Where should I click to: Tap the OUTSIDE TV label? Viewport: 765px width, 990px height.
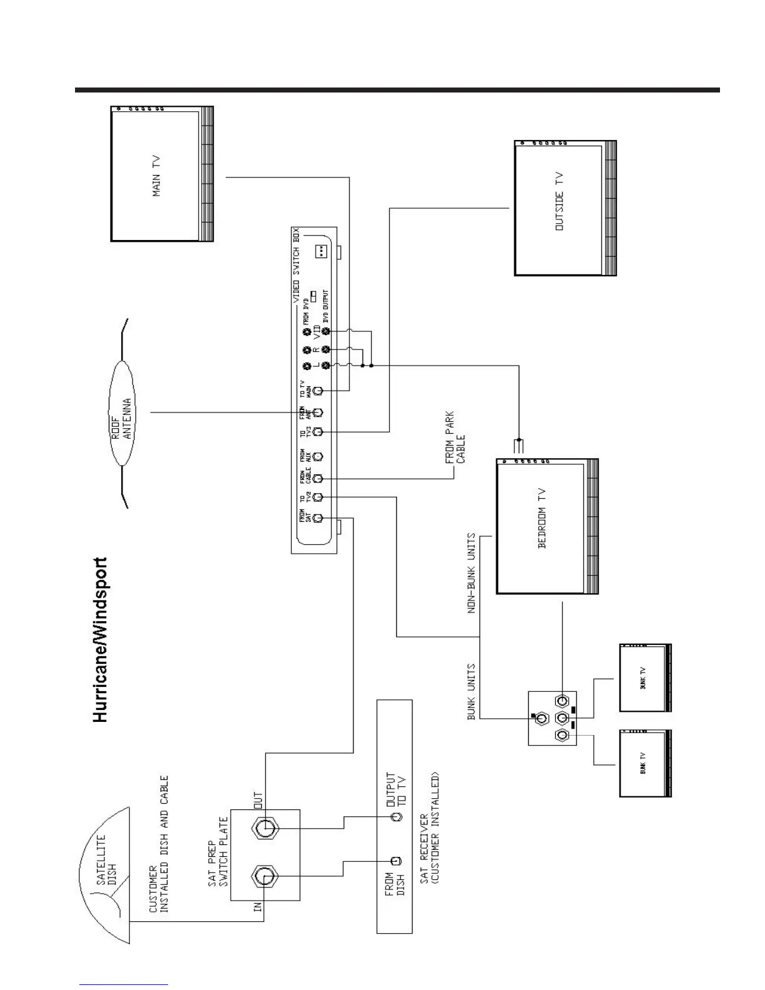coord(559,202)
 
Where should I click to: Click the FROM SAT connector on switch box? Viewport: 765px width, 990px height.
coord(317,518)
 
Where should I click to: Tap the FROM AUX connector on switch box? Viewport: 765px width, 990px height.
coord(317,456)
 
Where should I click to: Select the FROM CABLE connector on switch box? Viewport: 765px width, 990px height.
coord(317,478)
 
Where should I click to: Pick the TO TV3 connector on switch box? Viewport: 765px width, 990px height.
coord(317,432)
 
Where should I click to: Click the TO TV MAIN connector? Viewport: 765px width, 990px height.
coord(317,391)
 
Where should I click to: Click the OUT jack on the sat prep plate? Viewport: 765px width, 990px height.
coord(265,829)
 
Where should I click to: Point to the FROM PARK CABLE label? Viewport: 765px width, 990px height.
coord(455,437)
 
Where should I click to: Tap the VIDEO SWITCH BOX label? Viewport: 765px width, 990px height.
coord(296,266)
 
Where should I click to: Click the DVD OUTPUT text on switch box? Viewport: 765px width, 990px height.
coord(326,306)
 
